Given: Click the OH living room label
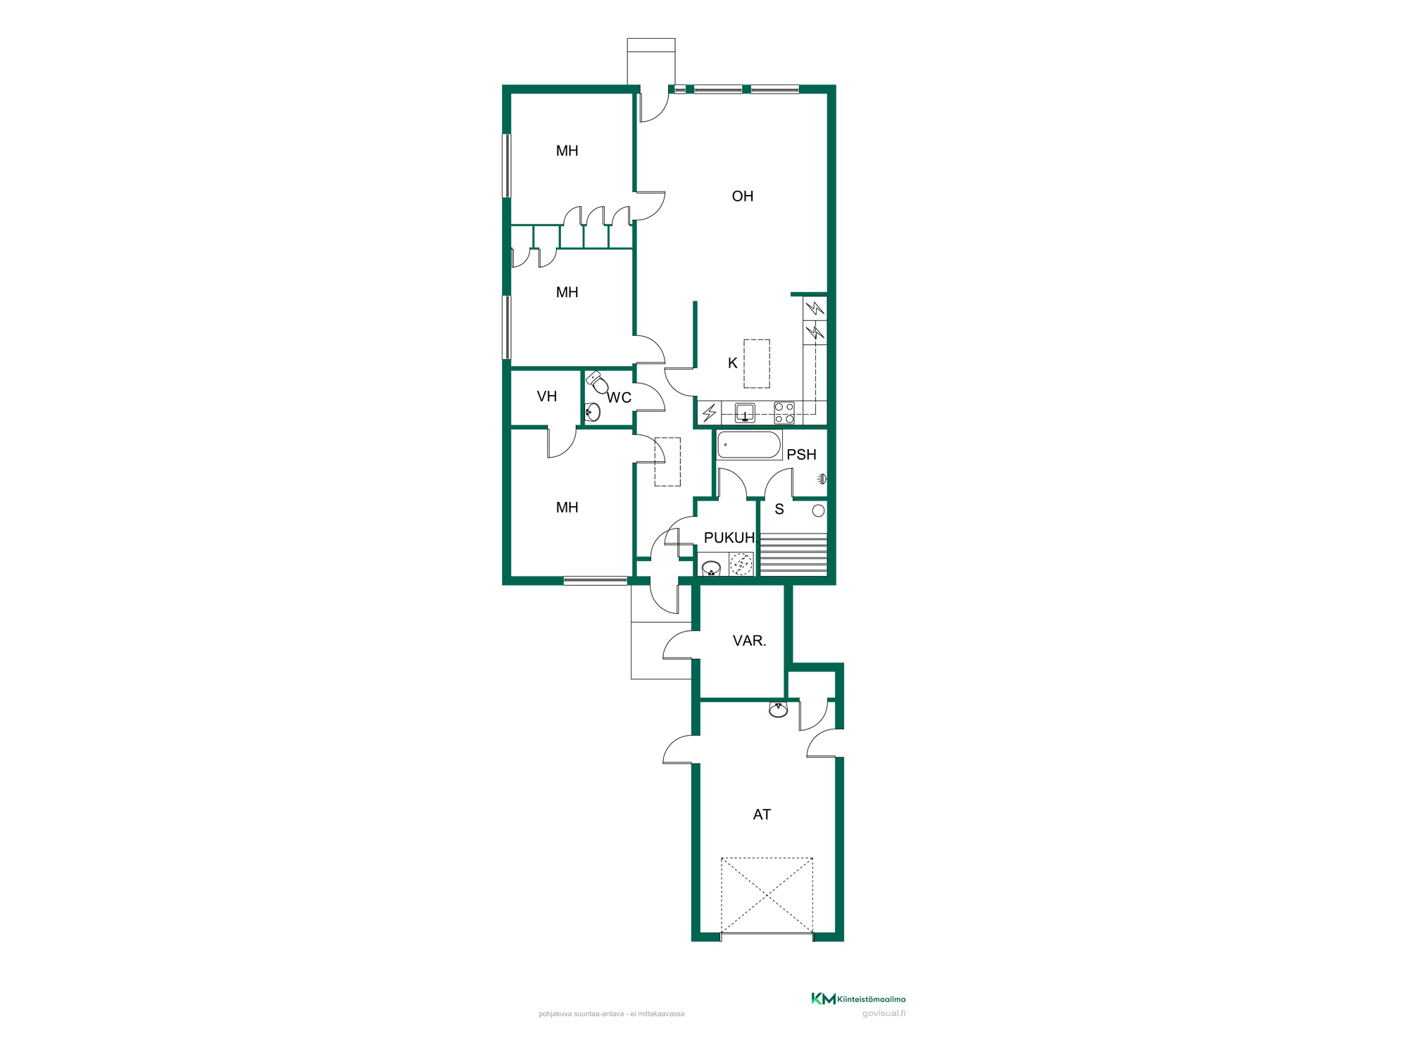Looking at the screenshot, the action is (743, 196).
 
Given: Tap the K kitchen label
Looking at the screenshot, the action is (733, 363).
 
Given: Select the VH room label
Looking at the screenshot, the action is (547, 396).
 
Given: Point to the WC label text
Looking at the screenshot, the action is (620, 398).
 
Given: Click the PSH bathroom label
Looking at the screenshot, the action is (802, 455).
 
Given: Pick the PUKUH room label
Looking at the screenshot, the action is (729, 538).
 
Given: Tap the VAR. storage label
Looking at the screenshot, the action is (749, 641).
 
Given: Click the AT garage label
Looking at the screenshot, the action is (762, 815).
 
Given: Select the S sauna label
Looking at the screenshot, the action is (779, 509).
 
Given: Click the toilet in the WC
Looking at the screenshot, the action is (598, 382).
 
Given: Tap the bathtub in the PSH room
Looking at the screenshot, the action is (749, 446).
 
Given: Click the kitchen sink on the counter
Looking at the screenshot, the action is (745, 413).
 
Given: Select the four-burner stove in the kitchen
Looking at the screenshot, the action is (784, 413).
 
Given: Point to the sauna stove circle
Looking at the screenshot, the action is (818, 511).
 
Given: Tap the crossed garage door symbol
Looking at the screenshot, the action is (767, 895).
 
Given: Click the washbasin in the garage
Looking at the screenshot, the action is (778, 710).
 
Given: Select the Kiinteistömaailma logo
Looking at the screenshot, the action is (858, 998).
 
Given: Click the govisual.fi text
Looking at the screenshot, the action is (884, 1014).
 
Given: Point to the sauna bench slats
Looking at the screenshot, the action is (793, 555).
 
